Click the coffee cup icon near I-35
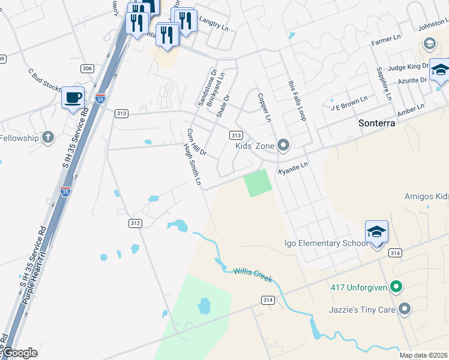(73, 97)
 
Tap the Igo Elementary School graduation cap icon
(376, 231)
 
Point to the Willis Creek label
(253, 275)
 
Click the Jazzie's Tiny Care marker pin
(405, 309)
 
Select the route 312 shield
(136, 223)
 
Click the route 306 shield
(87, 69)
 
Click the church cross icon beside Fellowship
(47, 138)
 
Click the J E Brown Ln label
(349, 103)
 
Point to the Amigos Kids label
(426, 197)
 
